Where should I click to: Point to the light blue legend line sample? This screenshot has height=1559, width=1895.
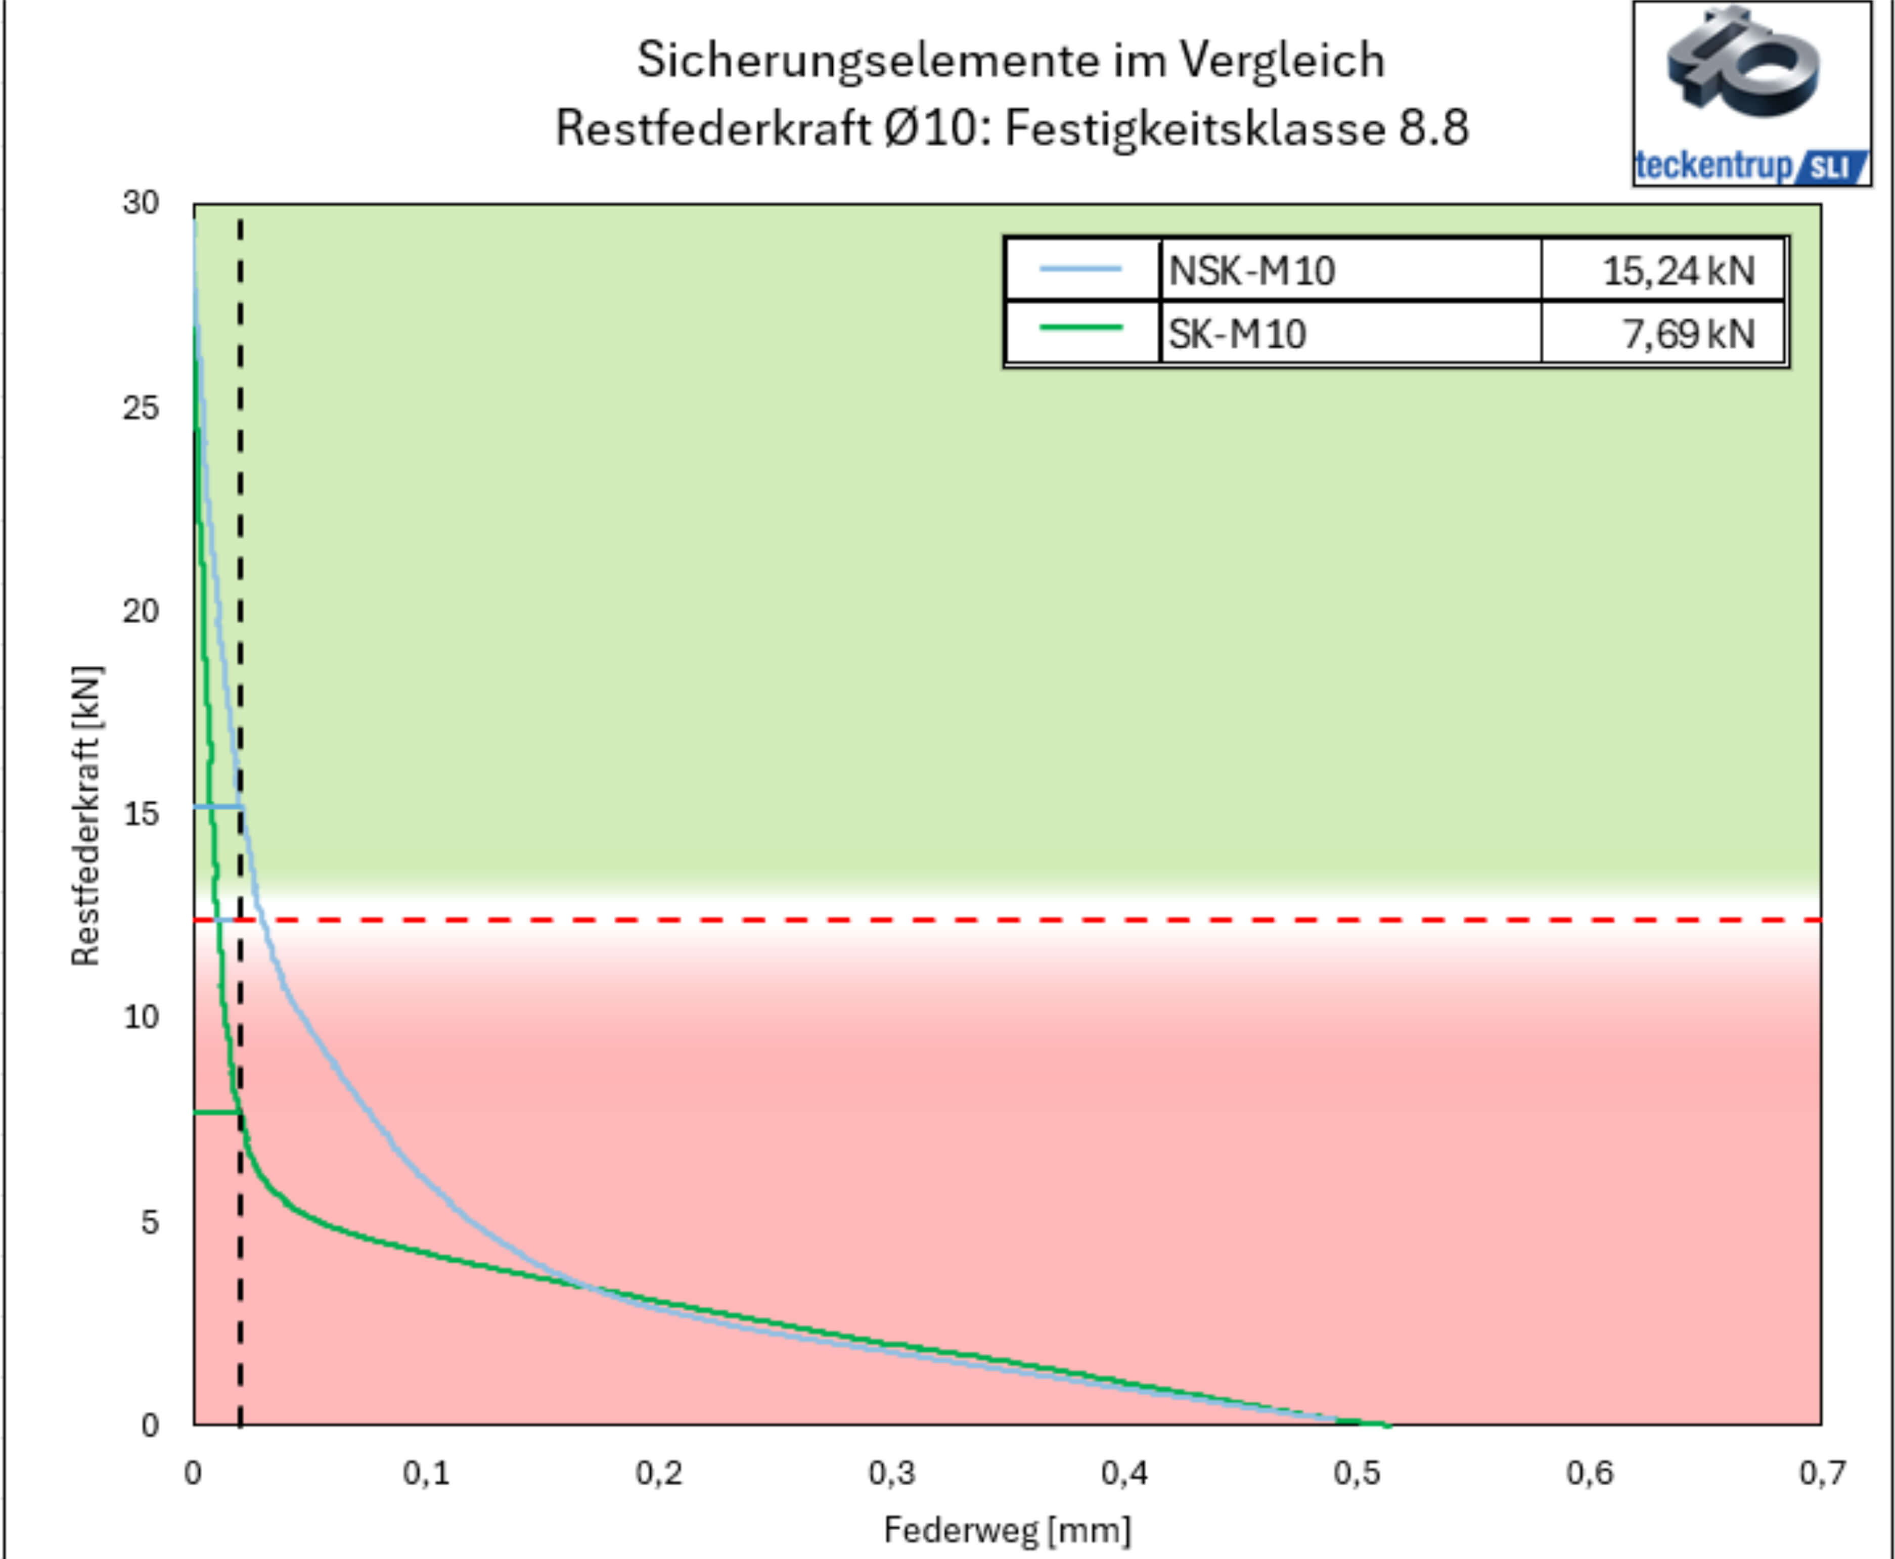click(x=1080, y=268)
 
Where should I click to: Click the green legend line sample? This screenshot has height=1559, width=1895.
click(x=1080, y=328)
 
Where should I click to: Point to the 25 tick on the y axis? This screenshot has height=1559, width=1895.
click(x=141, y=408)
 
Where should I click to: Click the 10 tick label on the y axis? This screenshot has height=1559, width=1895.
click(x=141, y=1018)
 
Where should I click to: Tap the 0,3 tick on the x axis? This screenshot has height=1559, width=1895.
click(x=892, y=1473)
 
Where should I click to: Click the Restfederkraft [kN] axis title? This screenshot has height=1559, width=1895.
click(x=86, y=815)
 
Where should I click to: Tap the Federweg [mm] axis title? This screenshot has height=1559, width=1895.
click(x=1007, y=1529)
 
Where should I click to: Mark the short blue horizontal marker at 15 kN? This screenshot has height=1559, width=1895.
click(x=218, y=806)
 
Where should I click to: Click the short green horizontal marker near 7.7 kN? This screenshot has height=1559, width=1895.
click(x=216, y=1113)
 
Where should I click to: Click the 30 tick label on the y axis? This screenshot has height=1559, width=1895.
click(x=141, y=204)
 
